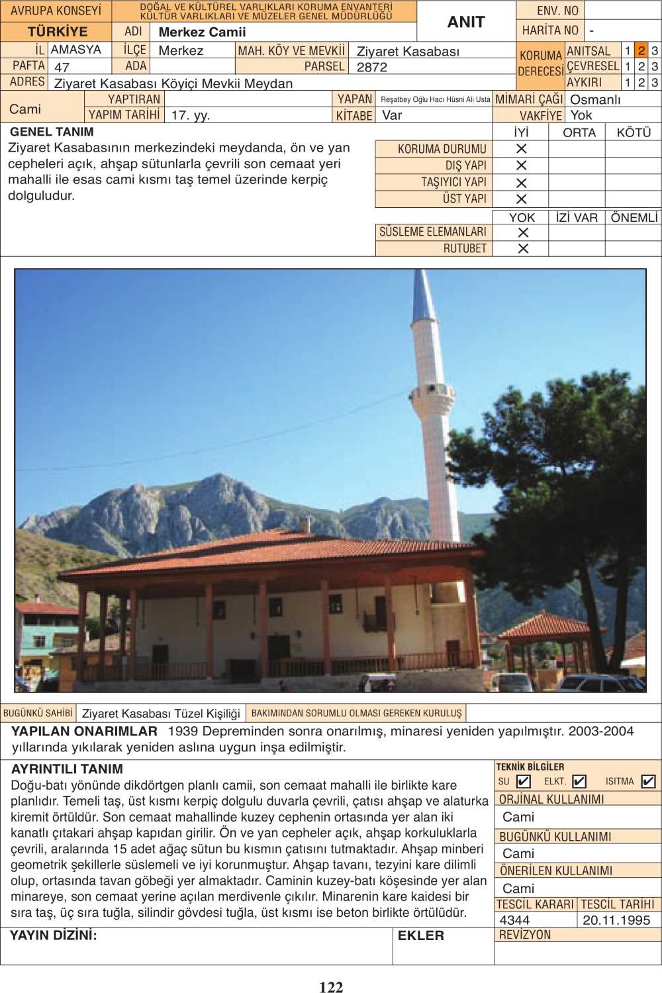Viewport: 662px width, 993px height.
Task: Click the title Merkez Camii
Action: click(202, 32)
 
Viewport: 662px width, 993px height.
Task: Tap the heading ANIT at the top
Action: click(466, 22)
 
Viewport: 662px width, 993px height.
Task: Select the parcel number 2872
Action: click(372, 67)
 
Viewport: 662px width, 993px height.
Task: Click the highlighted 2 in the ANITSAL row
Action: click(641, 50)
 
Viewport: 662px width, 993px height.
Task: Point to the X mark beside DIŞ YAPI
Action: click(522, 165)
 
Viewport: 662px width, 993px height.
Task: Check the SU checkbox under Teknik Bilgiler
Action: click(524, 781)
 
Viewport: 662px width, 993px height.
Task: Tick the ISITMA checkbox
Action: click(648, 781)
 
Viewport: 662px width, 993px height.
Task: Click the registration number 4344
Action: click(514, 920)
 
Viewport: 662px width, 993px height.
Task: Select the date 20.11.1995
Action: click(616, 920)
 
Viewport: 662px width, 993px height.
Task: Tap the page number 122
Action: click(331, 987)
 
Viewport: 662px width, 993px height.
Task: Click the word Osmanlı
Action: click(595, 99)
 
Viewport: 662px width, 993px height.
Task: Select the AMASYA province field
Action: click(76, 50)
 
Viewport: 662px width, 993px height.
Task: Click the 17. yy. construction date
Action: click(191, 115)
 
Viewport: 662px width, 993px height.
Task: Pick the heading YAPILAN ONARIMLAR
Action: click(84, 732)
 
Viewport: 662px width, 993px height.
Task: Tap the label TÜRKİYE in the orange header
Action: click(58, 32)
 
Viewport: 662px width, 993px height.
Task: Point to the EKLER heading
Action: click(420, 935)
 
